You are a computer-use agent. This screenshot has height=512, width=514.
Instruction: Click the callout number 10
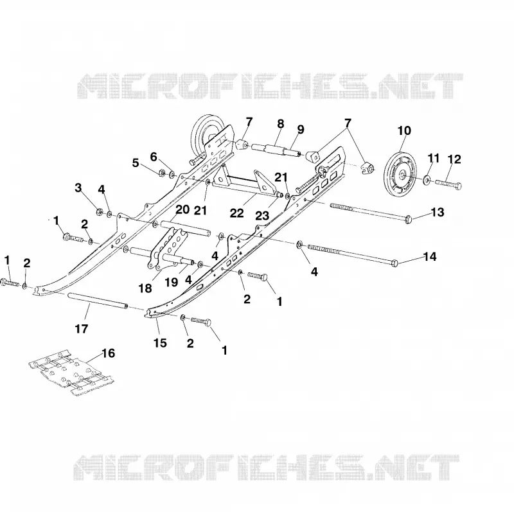pyautogui.click(x=404, y=131)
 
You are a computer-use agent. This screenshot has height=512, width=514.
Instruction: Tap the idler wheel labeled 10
pyautogui.click(x=399, y=173)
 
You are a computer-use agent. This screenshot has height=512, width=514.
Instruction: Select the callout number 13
pyautogui.click(x=438, y=212)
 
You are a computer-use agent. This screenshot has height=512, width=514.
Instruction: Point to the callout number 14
pyautogui.click(x=430, y=256)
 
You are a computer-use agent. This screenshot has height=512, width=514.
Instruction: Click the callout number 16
pyautogui.click(x=109, y=353)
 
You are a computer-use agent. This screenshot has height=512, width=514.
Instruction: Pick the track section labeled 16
pyautogui.click(x=71, y=373)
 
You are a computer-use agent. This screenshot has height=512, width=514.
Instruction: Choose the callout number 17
pyautogui.click(x=82, y=328)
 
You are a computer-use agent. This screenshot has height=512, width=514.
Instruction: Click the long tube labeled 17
pyautogui.click(x=98, y=300)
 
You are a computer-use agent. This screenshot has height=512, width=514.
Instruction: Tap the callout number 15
pyautogui.click(x=160, y=343)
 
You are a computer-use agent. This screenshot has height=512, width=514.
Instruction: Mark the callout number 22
pyautogui.click(x=236, y=213)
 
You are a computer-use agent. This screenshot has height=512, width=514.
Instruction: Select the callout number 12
pyautogui.click(x=454, y=159)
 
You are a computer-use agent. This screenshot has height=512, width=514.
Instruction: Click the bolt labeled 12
pyautogui.click(x=448, y=184)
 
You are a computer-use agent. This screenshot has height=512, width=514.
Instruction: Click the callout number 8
pyautogui.click(x=280, y=124)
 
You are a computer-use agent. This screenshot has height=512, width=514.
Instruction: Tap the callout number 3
pyautogui.click(x=78, y=188)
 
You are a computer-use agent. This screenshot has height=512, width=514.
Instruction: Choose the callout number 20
pyautogui.click(x=182, y=209)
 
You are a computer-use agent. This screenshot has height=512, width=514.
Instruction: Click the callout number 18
pyautogui.click(x=145, y=288)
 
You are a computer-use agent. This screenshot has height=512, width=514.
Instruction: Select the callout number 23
pyautogui.click(x=262, y=216)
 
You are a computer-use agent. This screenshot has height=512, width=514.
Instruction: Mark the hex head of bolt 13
pyautogui.click(x=409, y=218)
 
